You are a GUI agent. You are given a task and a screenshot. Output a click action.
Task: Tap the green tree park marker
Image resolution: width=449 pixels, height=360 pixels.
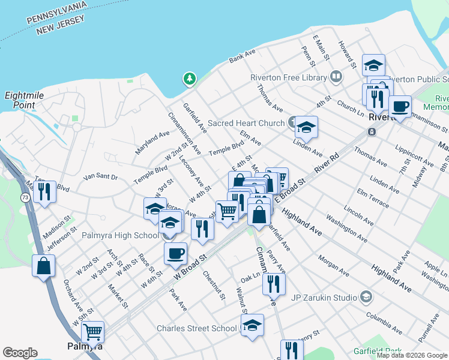coord(190,79)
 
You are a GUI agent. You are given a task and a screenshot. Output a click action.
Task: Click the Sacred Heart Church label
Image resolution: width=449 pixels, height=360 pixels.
coord(247,124)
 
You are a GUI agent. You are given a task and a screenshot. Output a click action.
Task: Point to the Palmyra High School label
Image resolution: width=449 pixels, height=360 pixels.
coord(120,235)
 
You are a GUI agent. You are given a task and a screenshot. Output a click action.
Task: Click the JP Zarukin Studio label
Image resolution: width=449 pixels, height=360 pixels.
coord(324,296)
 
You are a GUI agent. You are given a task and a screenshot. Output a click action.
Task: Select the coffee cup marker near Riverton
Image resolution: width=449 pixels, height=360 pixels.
coord(400,107)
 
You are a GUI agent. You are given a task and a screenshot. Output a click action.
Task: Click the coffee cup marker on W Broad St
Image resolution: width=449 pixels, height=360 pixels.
coord(175,253)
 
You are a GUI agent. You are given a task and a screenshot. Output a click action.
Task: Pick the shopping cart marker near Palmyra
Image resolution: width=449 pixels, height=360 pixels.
coord(92,332)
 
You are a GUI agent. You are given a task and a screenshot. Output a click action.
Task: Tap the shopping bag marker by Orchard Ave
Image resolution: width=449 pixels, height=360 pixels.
coord(44,266)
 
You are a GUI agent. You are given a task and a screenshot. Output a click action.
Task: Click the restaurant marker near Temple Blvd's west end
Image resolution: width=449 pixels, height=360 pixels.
coord(44,192)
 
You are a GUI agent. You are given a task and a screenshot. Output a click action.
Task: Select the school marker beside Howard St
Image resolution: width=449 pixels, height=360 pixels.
coord(373,65)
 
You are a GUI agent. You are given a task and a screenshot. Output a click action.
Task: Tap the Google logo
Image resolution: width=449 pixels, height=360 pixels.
coord(20,353)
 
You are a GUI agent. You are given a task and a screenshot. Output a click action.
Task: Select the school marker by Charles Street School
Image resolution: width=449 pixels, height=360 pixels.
coord(253,326)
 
